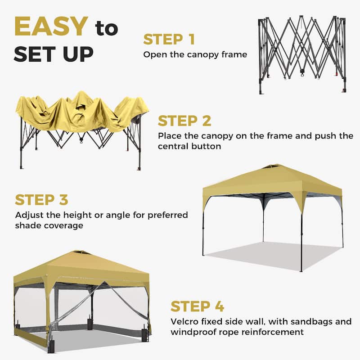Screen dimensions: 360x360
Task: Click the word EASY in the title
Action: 50,27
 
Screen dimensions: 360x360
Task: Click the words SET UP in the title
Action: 54,53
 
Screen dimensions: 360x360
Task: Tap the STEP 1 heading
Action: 169,40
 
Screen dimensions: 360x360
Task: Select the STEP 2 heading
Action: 184,121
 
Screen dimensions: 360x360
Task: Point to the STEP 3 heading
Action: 41,199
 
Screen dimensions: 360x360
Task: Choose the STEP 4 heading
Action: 197,306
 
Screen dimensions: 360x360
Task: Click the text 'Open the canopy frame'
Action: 195,54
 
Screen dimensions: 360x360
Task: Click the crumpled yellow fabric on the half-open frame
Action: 81,110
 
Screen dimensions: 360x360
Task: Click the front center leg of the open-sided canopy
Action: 301,238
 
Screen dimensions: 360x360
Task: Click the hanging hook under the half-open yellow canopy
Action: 81,140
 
